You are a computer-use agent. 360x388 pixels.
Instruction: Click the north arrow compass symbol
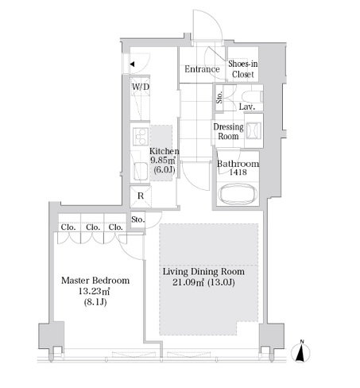tap(300, 351)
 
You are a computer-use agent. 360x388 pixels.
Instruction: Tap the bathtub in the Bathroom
tap(238, 194)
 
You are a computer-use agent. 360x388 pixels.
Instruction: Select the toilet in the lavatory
tap(252, 97)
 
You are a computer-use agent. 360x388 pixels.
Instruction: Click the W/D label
tap(141, 87)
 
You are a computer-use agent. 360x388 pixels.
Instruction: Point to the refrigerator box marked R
tap(141, 196)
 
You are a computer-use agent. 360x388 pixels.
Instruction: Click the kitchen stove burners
tap(141, 137)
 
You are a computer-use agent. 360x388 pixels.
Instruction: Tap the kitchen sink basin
tap(141, 171)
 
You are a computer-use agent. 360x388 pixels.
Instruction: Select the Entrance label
tap(202, 69)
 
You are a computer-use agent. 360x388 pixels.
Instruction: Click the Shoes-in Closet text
tap(243, 69)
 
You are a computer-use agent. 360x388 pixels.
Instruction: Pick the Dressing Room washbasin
tap(254, 130)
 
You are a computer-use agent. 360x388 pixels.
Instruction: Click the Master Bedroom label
tap(95, 281)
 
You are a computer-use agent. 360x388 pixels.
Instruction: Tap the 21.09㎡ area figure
tap(188, 282)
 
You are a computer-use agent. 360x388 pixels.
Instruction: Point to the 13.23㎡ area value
tap(94, 291)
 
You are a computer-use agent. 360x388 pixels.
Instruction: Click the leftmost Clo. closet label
tap(68, 227)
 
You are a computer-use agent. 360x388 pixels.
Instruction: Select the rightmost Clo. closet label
tap(116, 227)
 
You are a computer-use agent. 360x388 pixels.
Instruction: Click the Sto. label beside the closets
tap(138, 219)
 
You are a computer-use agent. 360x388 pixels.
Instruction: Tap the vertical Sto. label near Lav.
tap(219, 97)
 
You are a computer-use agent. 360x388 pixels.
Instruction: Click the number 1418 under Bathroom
tap(238, 173)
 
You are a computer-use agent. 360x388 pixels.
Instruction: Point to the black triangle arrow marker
tap(132, 64)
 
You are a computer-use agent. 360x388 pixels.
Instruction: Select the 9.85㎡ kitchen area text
tap(163, 160)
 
